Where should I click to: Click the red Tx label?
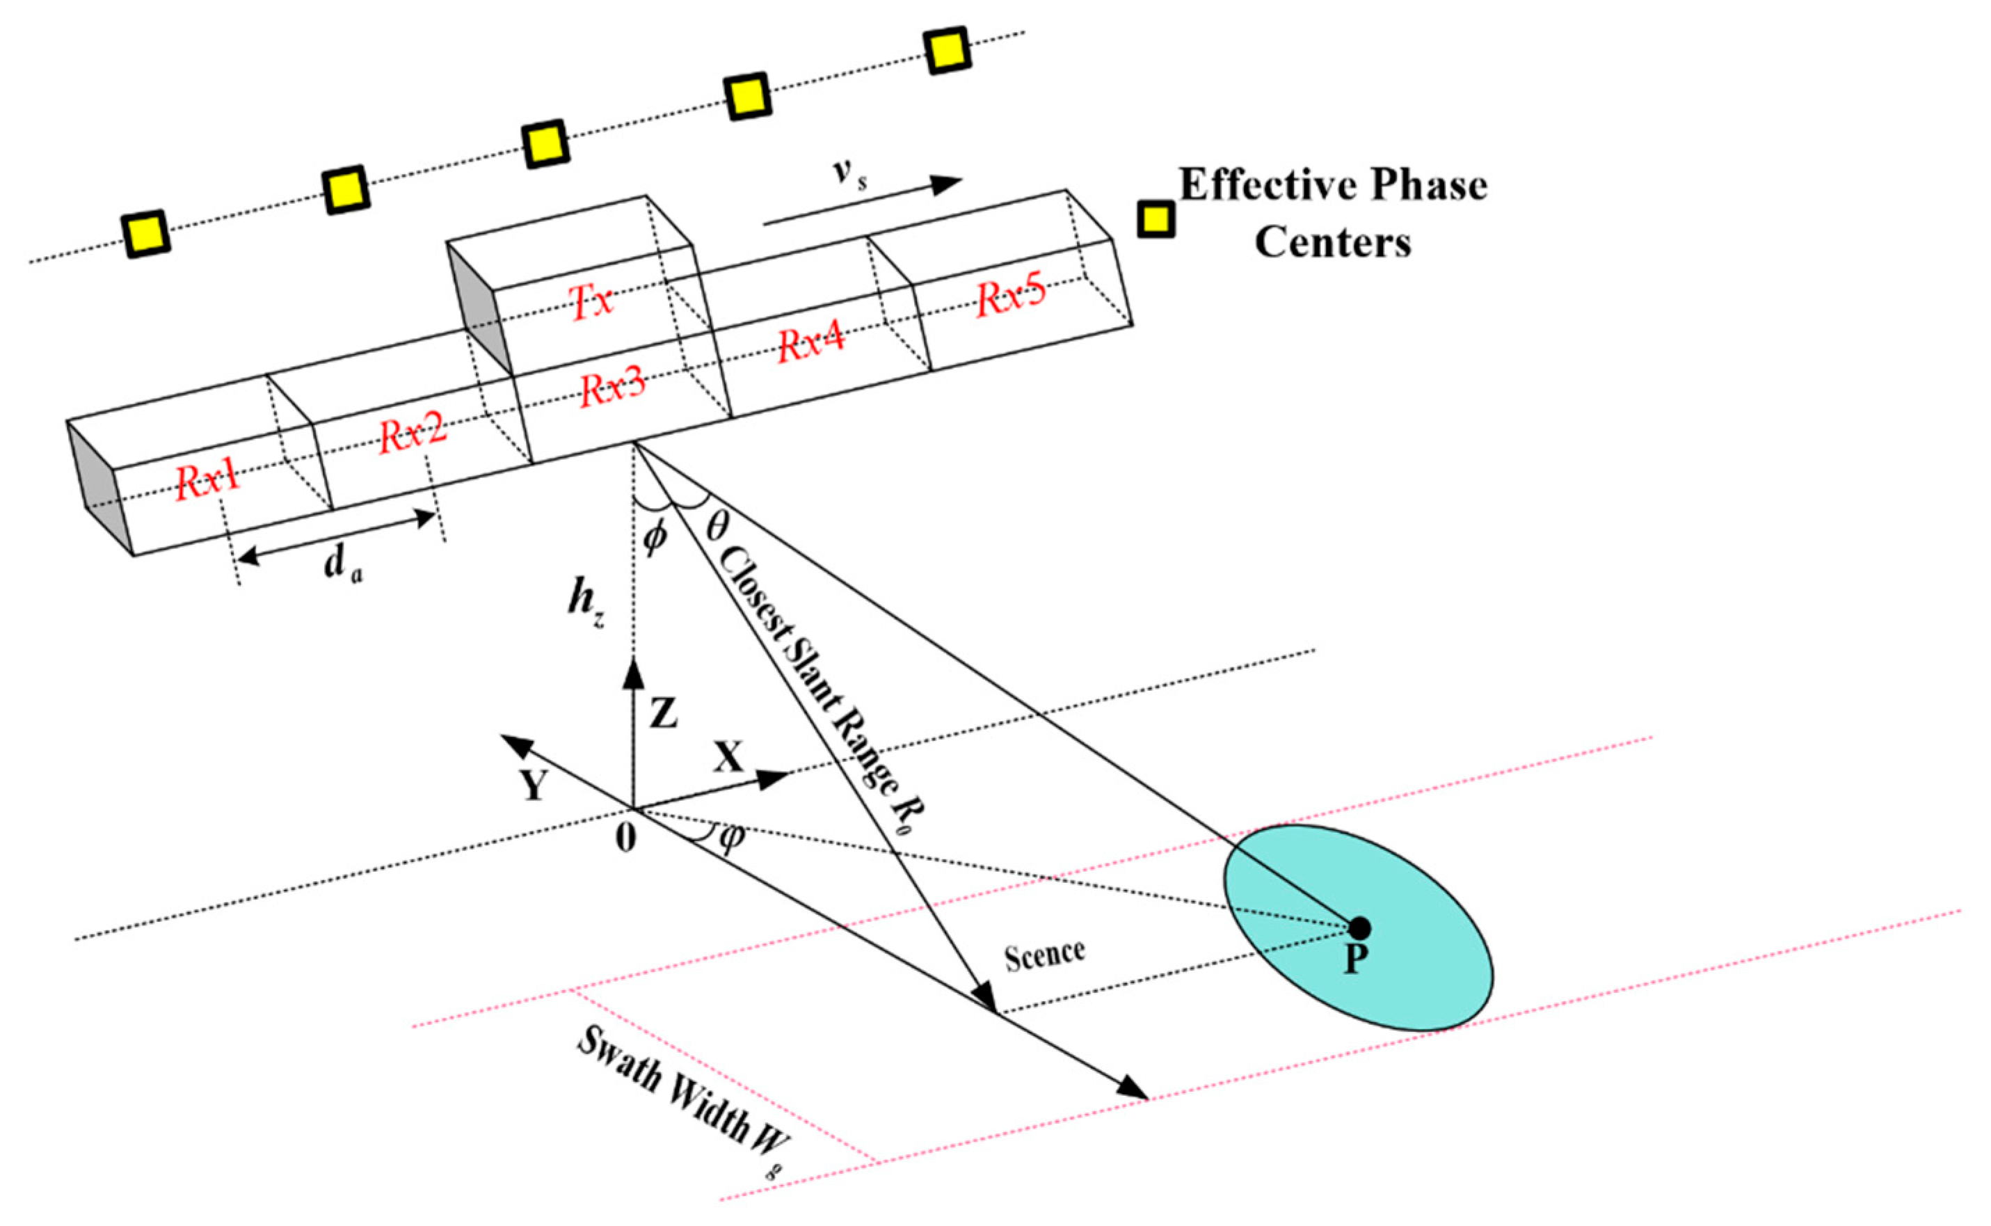(x=593, y=303)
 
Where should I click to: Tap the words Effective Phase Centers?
(x=1333, y=212)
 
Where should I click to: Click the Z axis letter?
(x=663, y=715)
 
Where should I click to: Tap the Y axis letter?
(x=533, y=784)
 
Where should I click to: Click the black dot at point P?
(x=1359, y=927)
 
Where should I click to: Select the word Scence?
(x=1044, y=955)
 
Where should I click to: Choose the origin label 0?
(x=625, y=838)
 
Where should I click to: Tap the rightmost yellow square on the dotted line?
(x=947, y=51)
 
